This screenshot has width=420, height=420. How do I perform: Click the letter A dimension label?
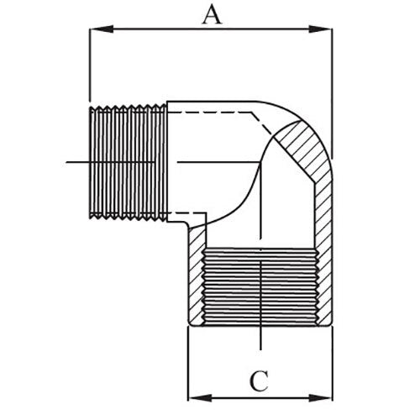213,14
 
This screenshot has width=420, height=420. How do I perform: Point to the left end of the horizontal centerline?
67,160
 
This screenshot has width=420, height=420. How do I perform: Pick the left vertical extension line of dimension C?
186,361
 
